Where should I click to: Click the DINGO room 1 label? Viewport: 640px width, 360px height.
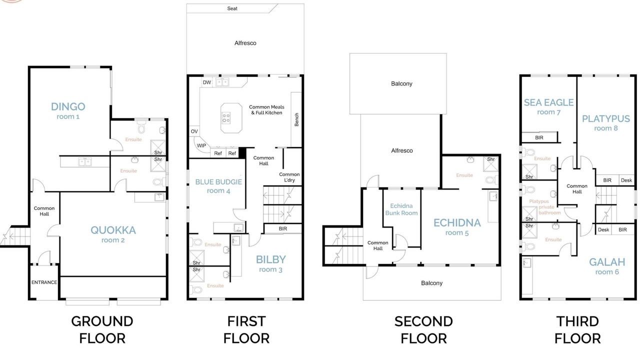[68, 111]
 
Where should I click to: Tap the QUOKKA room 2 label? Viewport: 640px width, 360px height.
[113, 234]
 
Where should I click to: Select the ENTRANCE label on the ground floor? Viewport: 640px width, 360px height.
[44, 282]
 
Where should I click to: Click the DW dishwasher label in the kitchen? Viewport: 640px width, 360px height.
[207, 82]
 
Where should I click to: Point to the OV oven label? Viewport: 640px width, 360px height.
[194, 131]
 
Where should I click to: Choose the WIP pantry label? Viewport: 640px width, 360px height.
[201, 145]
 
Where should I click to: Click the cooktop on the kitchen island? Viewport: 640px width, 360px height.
[226, 118]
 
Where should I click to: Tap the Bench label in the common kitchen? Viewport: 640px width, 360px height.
[296, 119]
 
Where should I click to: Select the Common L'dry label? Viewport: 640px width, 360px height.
[289, 177]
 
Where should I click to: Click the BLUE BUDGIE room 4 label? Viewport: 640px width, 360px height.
[218, 186]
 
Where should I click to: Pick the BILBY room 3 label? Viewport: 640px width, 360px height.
[271, 263]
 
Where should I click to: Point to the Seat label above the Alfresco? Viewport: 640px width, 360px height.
[232, 8]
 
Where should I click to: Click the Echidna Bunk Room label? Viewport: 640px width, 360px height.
[401, 209]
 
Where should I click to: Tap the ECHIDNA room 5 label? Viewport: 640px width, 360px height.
[457, 227]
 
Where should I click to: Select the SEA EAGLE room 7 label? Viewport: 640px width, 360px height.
[549, 106]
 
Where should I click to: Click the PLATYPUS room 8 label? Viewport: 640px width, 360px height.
[606, 123]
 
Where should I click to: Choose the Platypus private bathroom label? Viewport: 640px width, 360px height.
[545, 207]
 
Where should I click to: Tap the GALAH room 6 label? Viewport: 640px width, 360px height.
[607, 266]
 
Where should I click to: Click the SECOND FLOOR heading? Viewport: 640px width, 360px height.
[423, 330]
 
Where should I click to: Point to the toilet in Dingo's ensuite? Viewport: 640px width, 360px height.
[141, 127]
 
